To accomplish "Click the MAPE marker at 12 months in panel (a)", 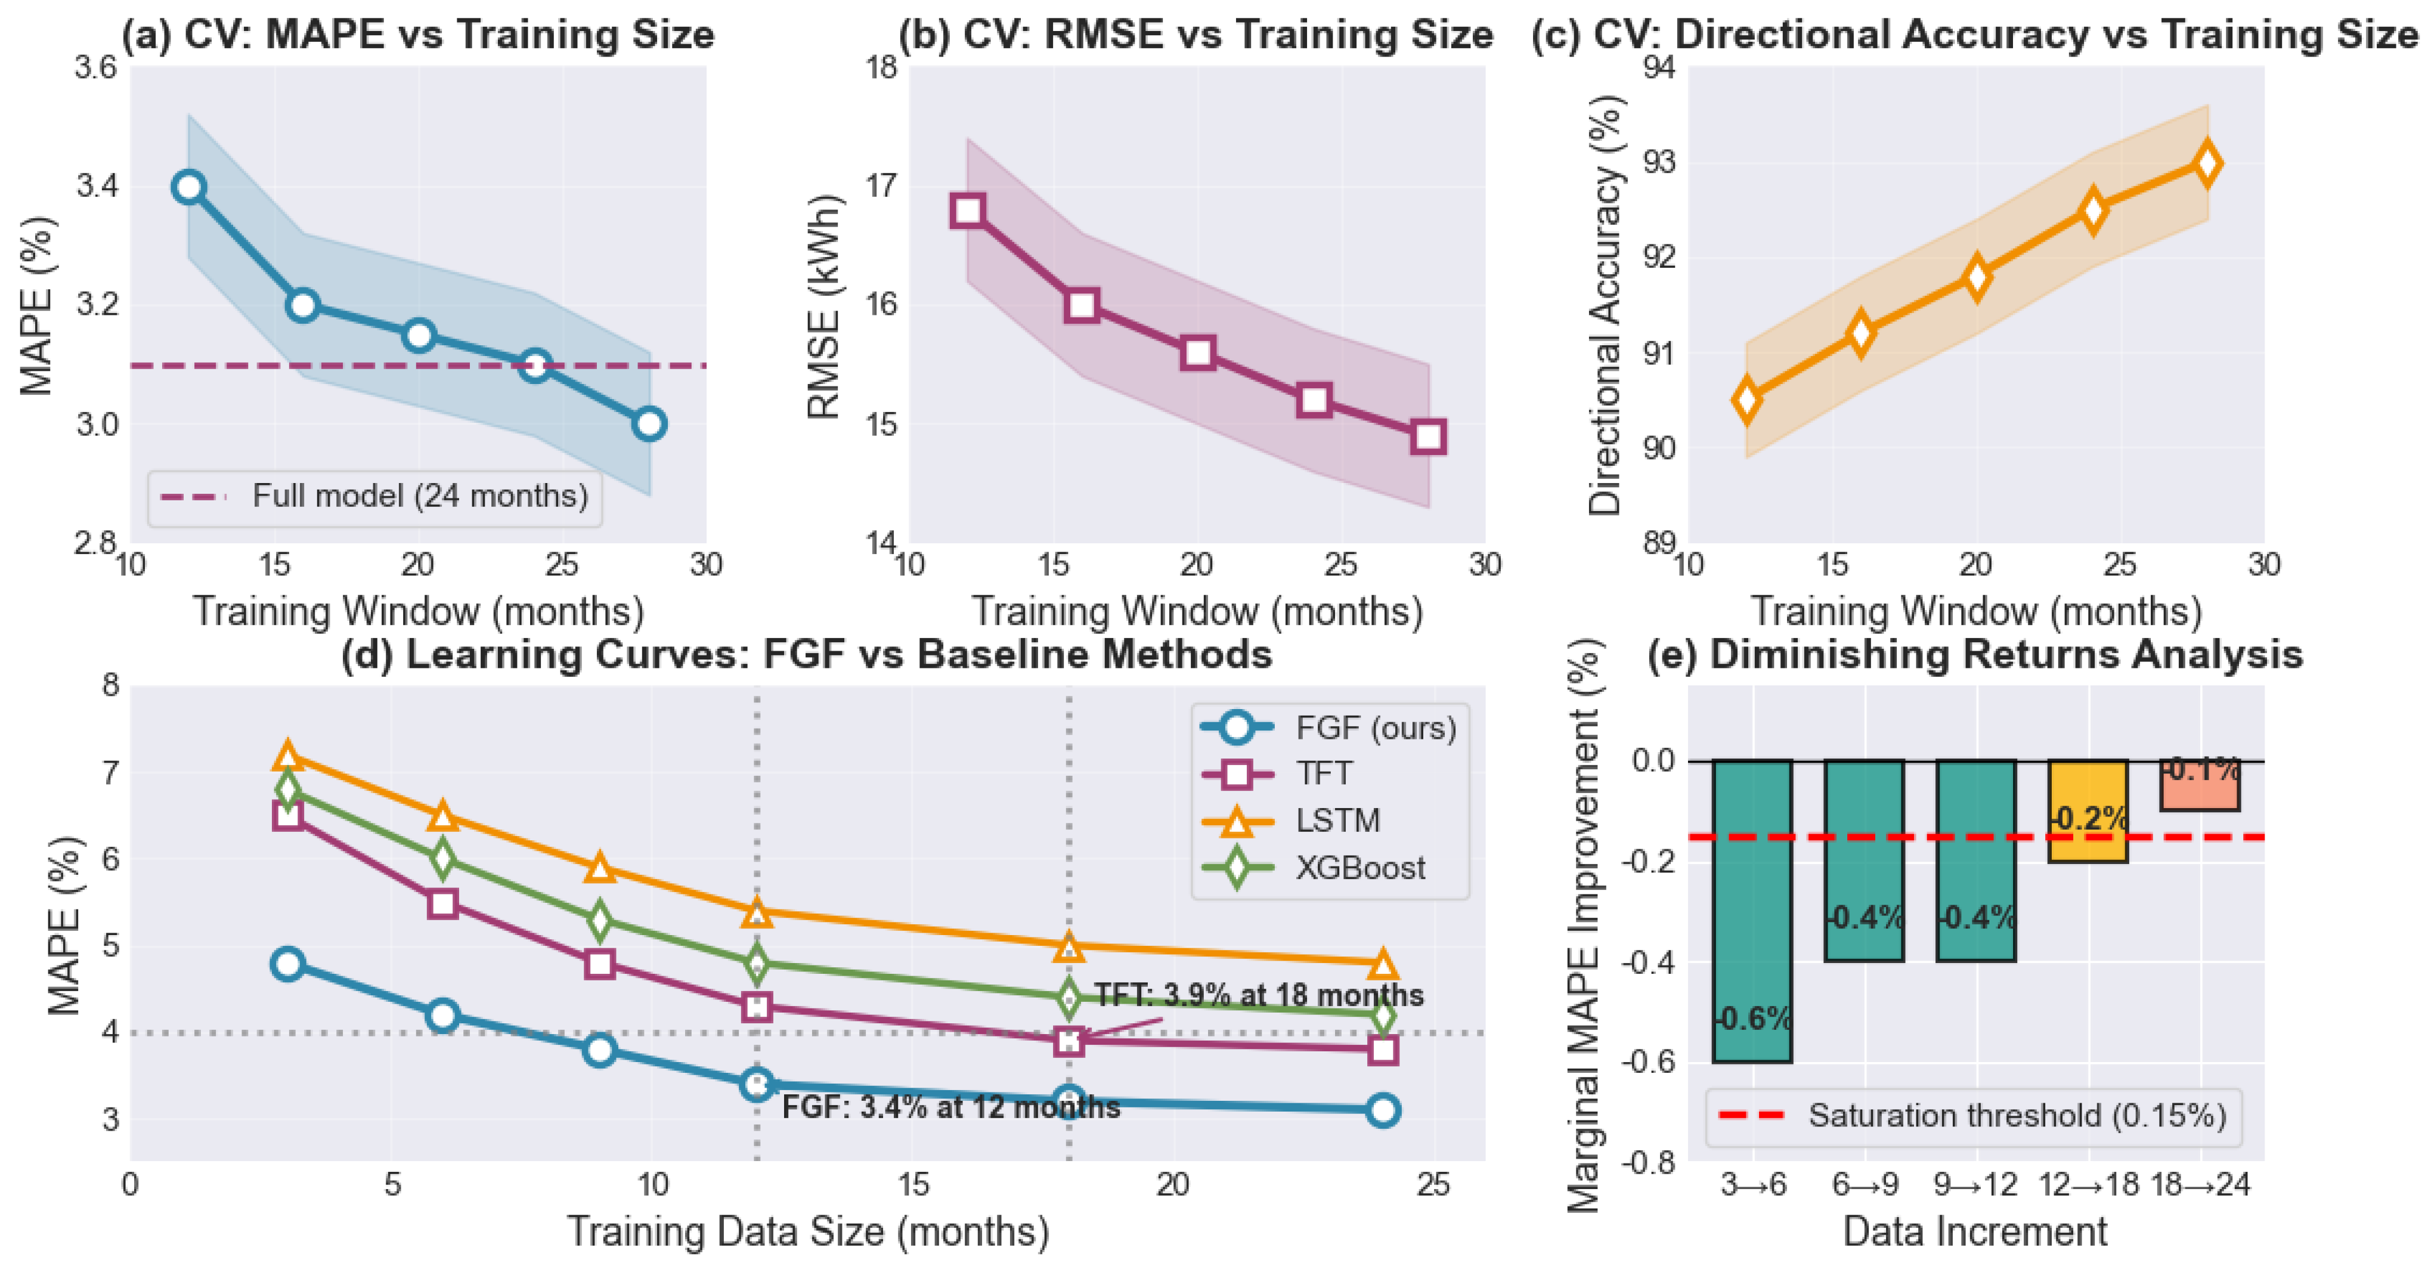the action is [188, 187].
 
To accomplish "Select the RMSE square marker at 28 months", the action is [1429, 437].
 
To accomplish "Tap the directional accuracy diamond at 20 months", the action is [1977, 276].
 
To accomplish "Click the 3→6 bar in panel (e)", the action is [1752, 911].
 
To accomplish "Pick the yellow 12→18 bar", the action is [2088, 811].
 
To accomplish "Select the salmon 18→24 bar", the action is [2200, 785].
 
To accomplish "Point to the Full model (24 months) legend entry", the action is [374, 496].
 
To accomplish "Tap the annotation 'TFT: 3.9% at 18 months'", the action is [1258, 996].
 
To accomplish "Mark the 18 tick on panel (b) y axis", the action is [881, 68].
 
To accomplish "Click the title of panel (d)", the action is [807, 654].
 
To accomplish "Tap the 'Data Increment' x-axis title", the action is [1975, 1231].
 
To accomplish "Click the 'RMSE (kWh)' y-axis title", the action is [824, 307].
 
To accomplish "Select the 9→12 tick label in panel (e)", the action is [1975, 1184].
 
